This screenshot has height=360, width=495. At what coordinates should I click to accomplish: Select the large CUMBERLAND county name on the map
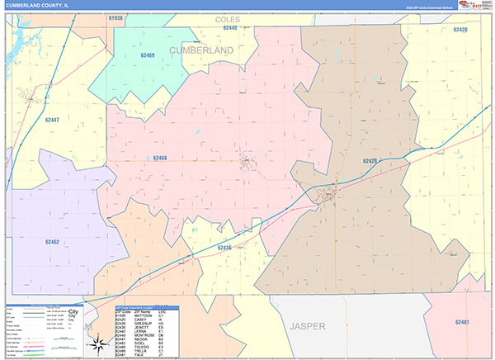202,50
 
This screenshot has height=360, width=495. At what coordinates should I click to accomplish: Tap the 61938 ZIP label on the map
116,17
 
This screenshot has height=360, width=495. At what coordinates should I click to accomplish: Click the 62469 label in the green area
148,54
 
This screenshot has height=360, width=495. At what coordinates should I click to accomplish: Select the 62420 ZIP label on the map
460,30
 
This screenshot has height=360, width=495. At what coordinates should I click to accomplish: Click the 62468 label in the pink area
160,157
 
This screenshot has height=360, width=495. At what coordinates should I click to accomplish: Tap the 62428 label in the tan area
370,162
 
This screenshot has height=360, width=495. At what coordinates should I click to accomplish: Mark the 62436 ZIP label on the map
225,248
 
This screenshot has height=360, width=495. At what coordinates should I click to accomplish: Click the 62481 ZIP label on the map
463,322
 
